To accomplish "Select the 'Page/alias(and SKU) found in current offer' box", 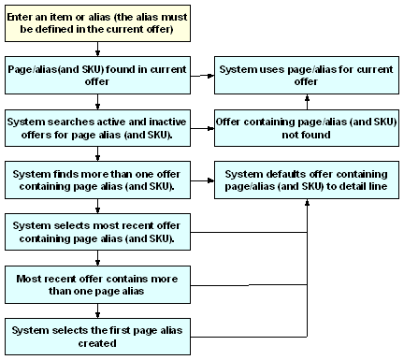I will point(96,77).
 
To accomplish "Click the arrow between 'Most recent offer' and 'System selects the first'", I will point(96,310).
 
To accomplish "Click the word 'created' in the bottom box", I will point(96,342).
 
